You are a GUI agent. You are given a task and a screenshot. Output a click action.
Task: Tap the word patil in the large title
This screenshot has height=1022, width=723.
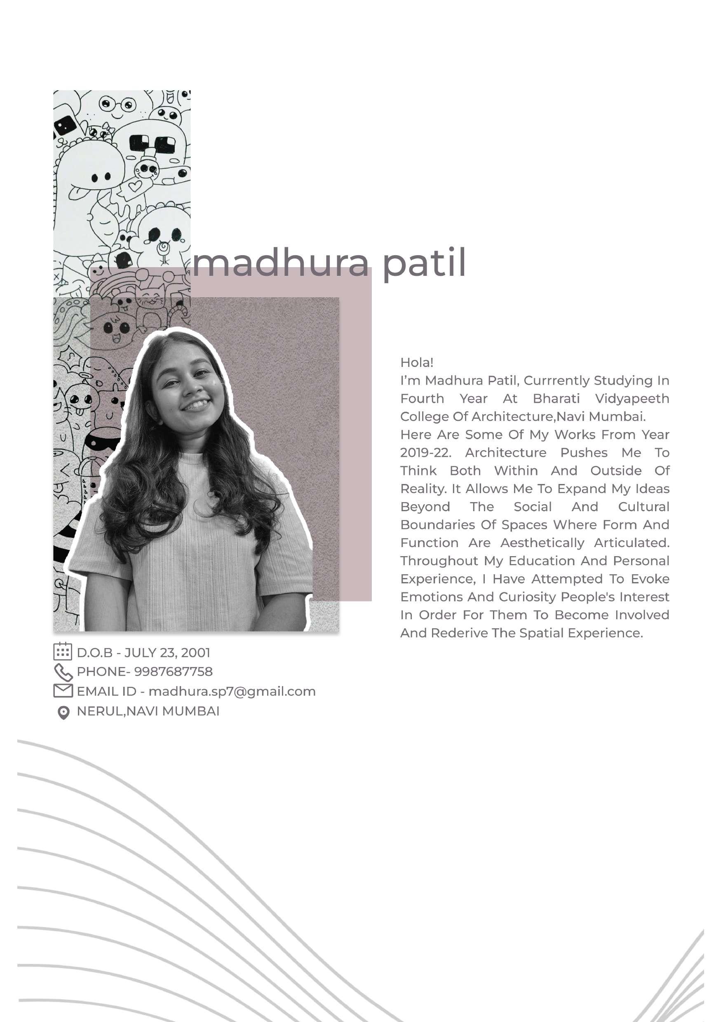(x=424, y=263)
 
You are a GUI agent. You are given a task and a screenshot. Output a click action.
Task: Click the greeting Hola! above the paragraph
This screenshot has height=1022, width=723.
(x=417, y=362)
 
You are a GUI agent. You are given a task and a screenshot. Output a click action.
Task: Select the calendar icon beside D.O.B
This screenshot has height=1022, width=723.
(x=62, y=651)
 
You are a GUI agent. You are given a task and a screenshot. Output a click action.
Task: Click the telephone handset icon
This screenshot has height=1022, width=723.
(x=63, y=672)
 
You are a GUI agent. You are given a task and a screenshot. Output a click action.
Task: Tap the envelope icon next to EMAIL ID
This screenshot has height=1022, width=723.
(x=63, y=691)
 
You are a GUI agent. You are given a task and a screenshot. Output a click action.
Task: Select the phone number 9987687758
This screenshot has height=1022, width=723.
(x=173, y=672)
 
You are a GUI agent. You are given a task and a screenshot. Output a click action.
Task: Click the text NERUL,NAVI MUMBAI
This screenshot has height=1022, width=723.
(x=148, y=711)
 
